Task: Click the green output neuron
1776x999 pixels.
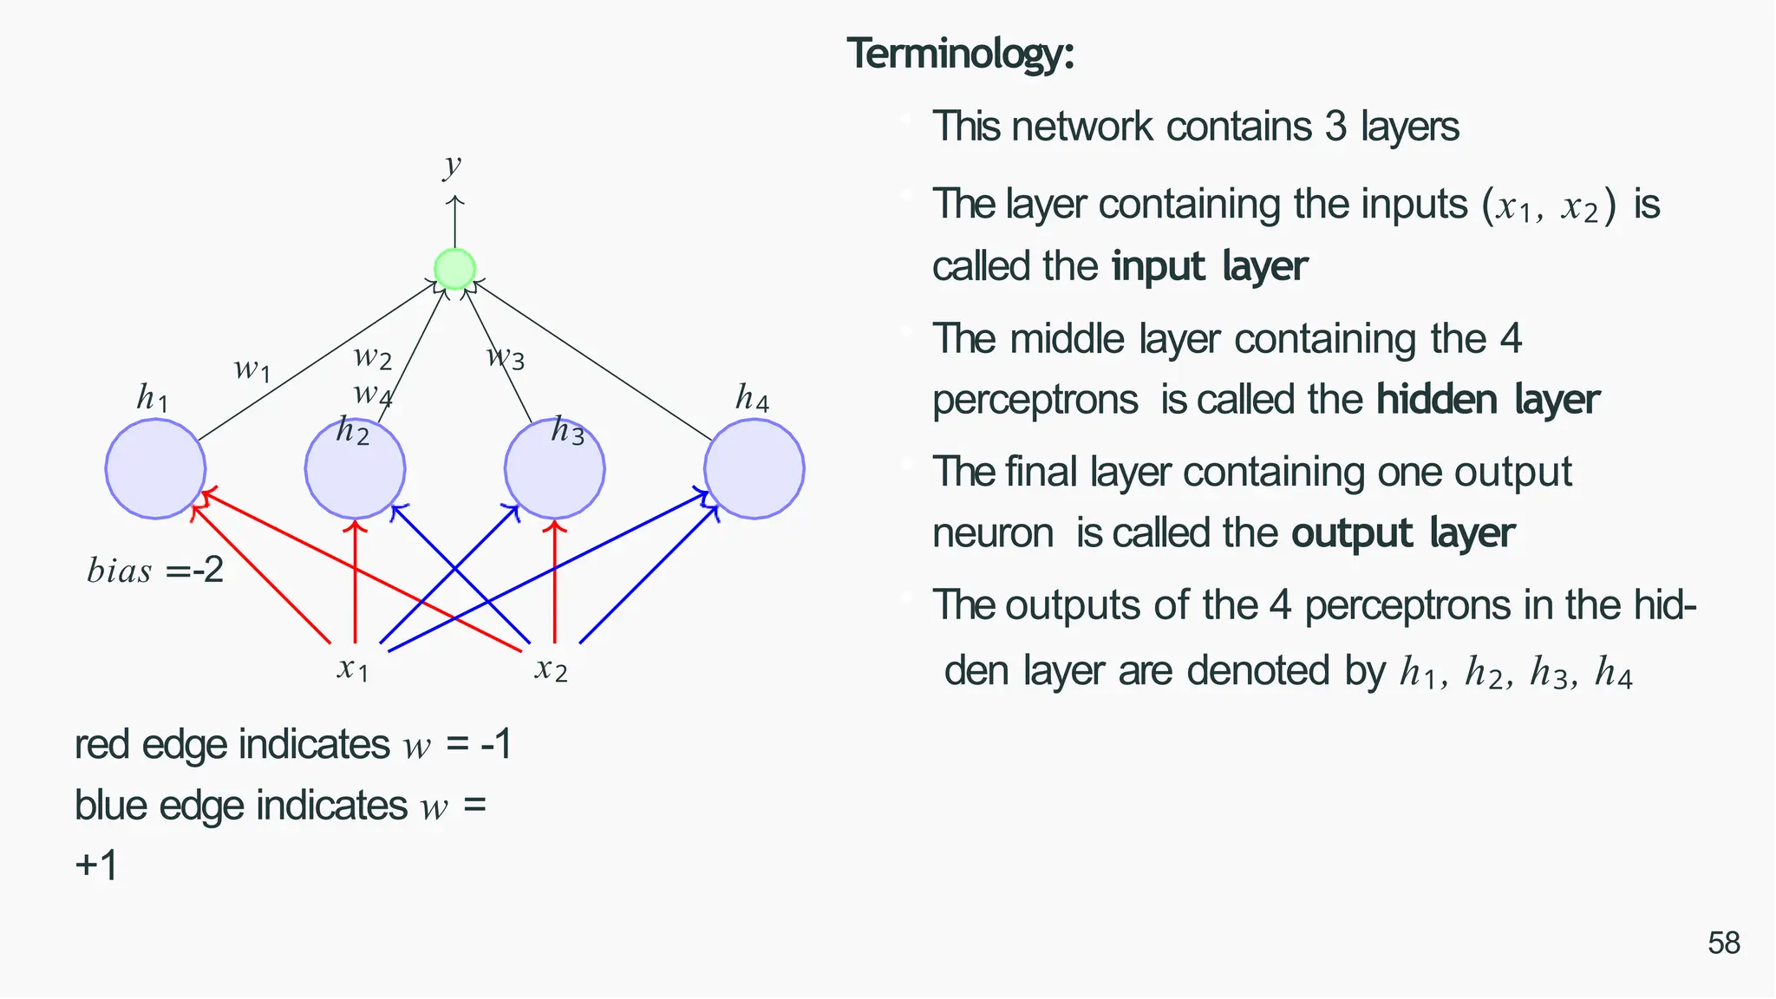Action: coord(454,269)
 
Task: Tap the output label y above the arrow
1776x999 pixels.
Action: coord(452,164)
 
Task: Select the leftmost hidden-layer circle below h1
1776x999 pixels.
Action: coord(155,469)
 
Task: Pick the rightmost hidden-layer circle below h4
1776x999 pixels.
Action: coord(754,469)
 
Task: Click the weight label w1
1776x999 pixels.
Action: coord(252,369)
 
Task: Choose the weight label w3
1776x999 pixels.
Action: coord(506,356)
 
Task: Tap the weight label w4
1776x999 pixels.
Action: coord(373,395)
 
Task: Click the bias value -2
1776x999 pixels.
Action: coord(208,570)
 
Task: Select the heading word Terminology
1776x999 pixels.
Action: coord(960,54)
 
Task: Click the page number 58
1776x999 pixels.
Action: coord(1724,943)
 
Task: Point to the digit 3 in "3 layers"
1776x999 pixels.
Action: coord(1335,127)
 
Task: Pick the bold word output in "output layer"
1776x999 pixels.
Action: coord(1352,533)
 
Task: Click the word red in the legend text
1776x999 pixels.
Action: coord(103,745)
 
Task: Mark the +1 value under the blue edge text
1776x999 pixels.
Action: coord(96,865)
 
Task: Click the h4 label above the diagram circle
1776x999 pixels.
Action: coord(752,398)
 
